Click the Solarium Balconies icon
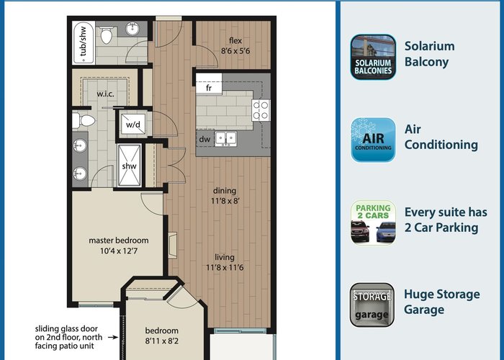[373, 57]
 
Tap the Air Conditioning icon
[373, 140]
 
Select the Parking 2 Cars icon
[373, 222]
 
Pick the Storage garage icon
[372, 305]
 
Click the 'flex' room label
[235, 40]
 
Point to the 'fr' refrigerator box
[209, 84]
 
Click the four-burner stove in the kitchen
[261, 110]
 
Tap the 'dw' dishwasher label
[204, 139]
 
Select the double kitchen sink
[226, 139]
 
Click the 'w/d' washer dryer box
[133, 124]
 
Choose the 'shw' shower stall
[129, 166]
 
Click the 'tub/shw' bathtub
[84, 42]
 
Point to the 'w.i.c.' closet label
[105, 94]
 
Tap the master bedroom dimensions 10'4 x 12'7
[119, 251]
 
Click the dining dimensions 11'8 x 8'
[225, 201]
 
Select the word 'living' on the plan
[225, 257]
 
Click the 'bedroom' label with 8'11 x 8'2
[162, 330]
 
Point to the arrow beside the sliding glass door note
[113, 337]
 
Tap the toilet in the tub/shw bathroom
[107, 35]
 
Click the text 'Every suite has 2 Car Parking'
[446, 220]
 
